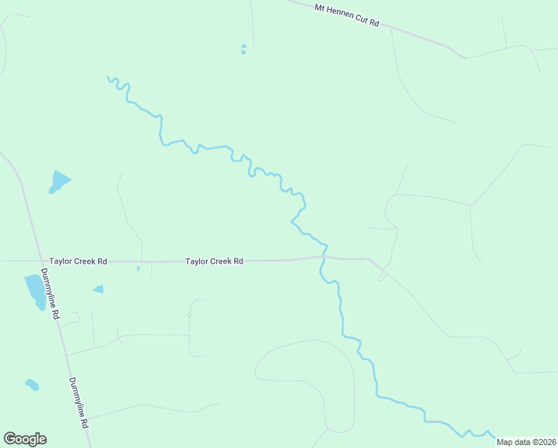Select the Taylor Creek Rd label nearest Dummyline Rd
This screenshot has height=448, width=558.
(x=78, y=261)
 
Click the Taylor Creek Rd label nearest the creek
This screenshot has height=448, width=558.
(x=214, y=261)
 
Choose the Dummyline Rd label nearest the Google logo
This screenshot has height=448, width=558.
(x=79, y=402)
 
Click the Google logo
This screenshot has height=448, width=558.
(x=25, y=439)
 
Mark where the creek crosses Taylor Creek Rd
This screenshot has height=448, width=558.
(x=323, y=258)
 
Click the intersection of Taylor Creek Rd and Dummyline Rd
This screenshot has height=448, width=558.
(x=37, y=261)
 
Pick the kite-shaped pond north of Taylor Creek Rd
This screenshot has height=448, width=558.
(x=58, y=181)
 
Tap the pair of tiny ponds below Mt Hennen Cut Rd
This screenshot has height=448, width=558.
(x=243, y=49)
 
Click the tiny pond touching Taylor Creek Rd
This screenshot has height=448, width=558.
(x=138, y=268)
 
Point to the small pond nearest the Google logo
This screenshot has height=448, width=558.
(x=31, y=385)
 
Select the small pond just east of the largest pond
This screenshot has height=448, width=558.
(x=98, y=289)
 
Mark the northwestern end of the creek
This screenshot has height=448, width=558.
(x=108, y=77)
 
